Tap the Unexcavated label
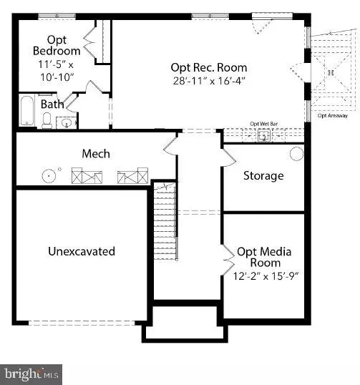[x=82, y=251]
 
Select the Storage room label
[x=263, y=175]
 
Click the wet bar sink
[x=263, y=135]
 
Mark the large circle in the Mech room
[x=49, y=175]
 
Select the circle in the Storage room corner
[x=296, y=154]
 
